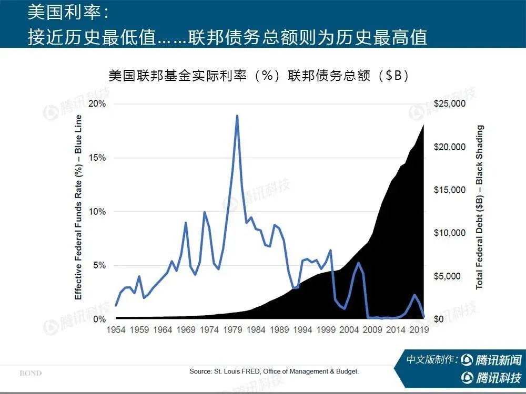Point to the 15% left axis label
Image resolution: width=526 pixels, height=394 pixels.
(x=98, y=158)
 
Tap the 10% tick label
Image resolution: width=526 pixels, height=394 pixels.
(x=98, y=212)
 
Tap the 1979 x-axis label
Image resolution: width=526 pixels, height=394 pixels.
(x=232, y=330)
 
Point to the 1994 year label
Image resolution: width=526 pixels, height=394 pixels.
(x=302, y=330)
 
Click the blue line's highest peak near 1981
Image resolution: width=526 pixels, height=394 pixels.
(x=237, y=116)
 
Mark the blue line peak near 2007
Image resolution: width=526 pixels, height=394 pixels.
(x=358, y=263)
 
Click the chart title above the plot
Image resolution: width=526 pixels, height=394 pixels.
(x=258, y=76)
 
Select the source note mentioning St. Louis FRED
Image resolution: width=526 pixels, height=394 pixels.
(x=274, y=371)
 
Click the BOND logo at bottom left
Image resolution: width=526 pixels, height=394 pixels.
(x=31, y=374)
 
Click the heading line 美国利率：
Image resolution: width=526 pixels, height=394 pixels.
(x=69, y=12)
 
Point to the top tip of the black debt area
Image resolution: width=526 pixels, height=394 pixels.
(x=424, y=124)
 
